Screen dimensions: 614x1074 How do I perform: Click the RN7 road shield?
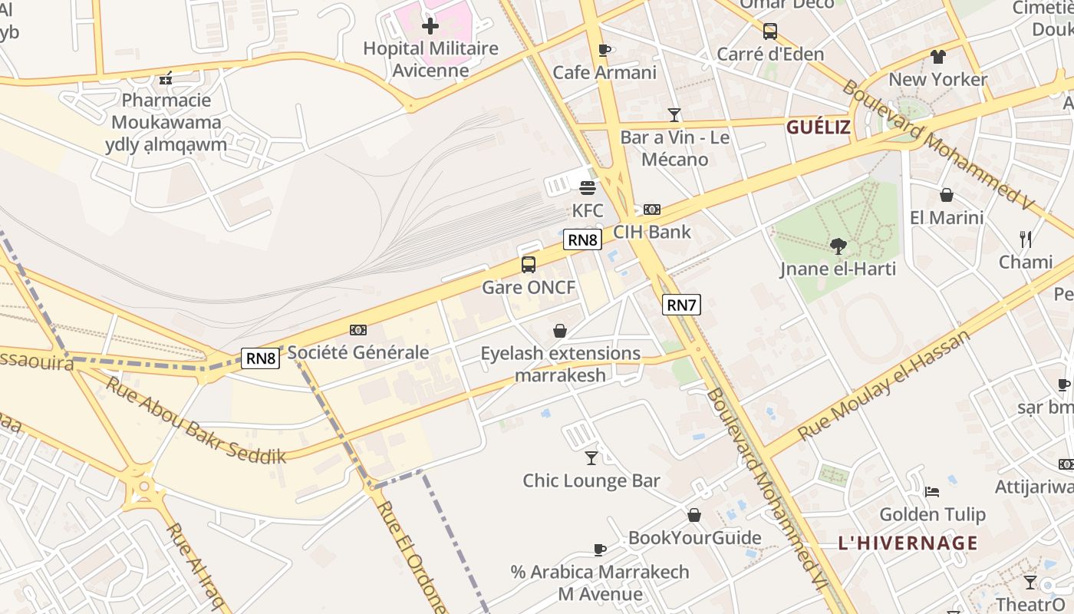coord(681,305)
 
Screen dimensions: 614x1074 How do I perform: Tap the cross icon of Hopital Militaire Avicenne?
coord(430,26)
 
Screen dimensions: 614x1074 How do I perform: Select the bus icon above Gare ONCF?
coord(529,265)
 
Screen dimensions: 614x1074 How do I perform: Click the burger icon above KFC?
coord(588,188)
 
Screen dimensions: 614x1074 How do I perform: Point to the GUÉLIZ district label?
coord(819,127)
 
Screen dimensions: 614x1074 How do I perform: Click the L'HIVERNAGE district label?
coord(908,543)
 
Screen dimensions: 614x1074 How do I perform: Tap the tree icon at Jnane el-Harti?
coord(838,246)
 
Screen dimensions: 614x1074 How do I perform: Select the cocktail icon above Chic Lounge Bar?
coord(591,458)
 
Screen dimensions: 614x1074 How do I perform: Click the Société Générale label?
coord(358,352)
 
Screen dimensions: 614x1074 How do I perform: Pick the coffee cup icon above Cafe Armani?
coord(605,51)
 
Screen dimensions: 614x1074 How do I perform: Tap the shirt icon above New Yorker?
coord(937,57)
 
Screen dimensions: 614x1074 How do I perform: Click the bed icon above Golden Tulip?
coord(932,492)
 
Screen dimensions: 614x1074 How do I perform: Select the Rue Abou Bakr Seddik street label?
coord(195,421)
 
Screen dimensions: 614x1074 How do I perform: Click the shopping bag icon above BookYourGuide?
coord(694,515)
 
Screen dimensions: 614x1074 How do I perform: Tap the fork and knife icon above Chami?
coord(1026,239)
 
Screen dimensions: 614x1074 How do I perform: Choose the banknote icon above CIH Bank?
coord(652,210)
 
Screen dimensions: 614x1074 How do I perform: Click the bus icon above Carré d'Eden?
coord(770,31)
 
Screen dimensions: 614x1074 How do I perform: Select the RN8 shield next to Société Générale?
coord(260,358)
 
